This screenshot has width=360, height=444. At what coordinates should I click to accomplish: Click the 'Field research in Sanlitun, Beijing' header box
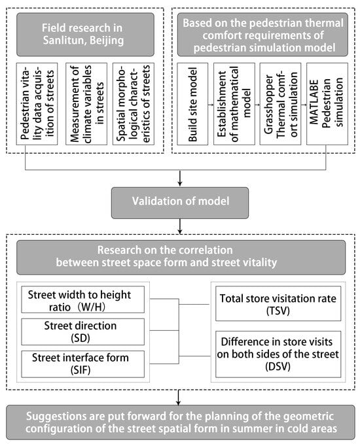pos(85,35)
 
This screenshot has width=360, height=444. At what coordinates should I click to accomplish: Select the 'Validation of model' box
pos(180,203)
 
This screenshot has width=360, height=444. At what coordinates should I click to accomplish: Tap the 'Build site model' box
pos(192,104)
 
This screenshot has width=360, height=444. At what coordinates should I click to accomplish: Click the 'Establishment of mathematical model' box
pos(234,104)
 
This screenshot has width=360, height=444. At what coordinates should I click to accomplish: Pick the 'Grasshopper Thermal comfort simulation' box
pos(280,104)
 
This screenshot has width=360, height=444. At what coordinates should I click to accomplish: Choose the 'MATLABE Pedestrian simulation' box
pos(327,104)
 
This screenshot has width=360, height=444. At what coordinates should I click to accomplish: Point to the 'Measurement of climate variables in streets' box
pos(86,104)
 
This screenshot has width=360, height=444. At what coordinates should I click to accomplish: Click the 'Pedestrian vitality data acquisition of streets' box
pos(37,104)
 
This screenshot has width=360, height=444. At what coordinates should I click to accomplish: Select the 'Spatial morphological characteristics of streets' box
pos(134,104)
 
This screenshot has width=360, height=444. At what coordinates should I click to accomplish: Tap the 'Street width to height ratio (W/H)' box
pos(82,299)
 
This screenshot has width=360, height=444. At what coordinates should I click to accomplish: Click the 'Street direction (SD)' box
pos(82,332)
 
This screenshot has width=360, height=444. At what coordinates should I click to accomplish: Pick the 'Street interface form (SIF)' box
pos(82,364)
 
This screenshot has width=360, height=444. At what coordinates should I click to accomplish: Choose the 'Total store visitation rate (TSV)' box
pos(278,303)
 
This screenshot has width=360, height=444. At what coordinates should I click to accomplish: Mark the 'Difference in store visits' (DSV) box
pos(278,354)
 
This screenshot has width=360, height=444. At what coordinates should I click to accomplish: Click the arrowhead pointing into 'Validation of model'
pos(180,184)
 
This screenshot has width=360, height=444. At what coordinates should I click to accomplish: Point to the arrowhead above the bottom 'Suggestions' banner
pos(178,403)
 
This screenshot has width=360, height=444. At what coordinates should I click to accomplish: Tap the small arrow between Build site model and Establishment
pos(211,105)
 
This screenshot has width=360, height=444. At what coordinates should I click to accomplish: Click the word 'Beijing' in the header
pos(107,41)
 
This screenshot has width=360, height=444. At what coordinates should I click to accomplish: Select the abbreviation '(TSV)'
pos(278,311)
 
